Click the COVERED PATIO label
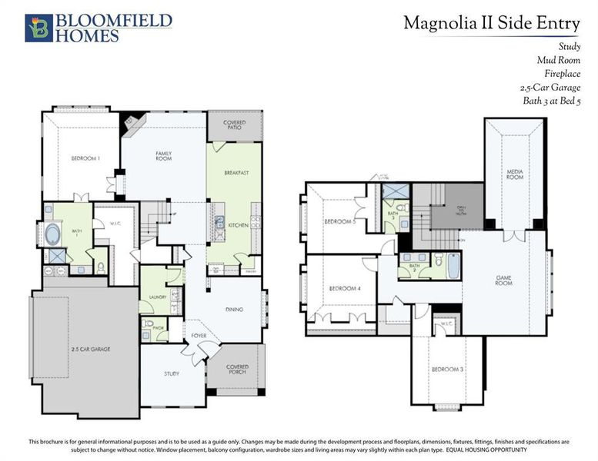pyautogui.click(x=235, y=124)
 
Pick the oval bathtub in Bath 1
pyautogui.click(x=56, y=234)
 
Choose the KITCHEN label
pyautogui.click(x=237, y=225)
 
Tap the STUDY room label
pyautogui.click(x=172, y=375)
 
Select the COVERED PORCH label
pyautogui.click(x=237, y=370)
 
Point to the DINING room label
pyautogui.click(x=235, y=310)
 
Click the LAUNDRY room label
pyautogui.click(x=149, y=297)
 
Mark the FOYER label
pyautogui.click(x=199, y=336)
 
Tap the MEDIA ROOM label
pyautogui.click(x=515, y=174)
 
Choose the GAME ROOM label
pyautogui.click(x=504, y=281)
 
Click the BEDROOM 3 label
pyautogui.click(x=446, y=370)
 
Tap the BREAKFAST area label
pyautogui.click(x=236, y=173)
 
